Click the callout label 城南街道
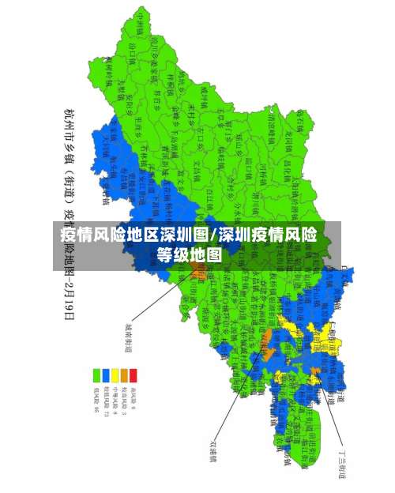[x=127, y=337]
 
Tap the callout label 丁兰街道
[x=344, y=466]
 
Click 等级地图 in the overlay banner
[x=189, y=254]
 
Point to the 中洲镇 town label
[x=141, y=24]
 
